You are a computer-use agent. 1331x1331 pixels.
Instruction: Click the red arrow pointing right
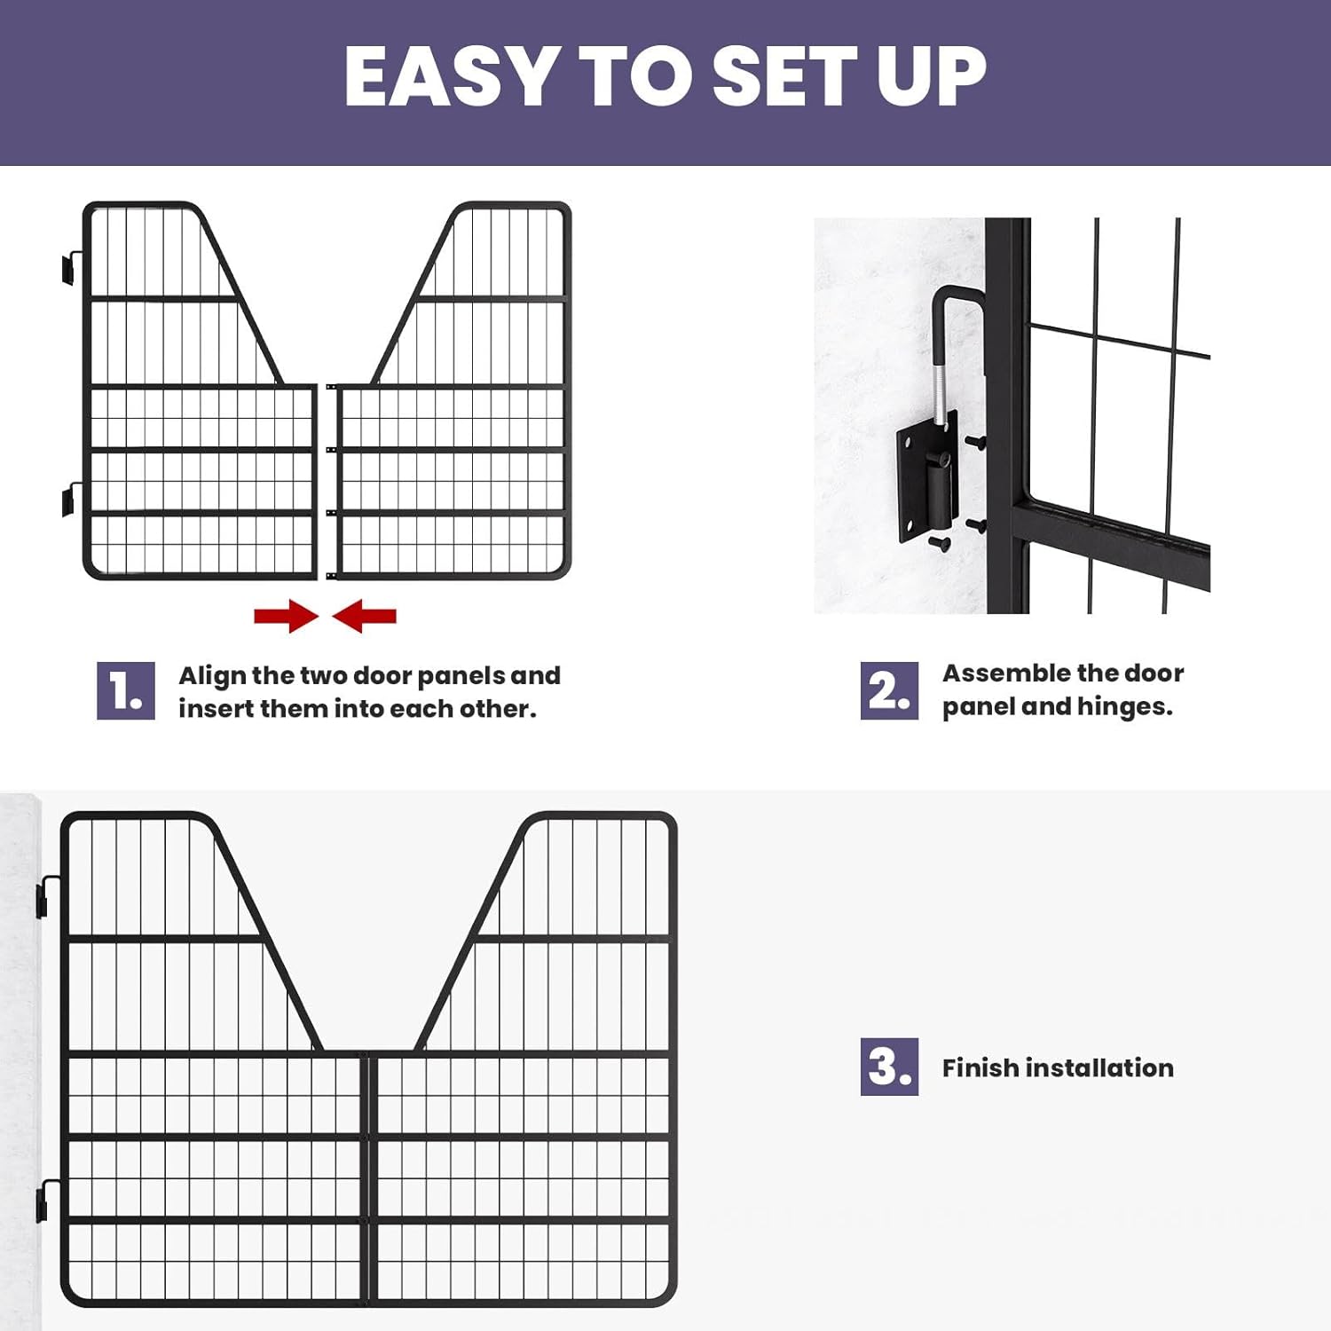coord(285,616)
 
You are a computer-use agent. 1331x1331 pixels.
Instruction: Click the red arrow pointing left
coord(365,616)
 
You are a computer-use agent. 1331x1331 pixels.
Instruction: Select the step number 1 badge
coord(125,690)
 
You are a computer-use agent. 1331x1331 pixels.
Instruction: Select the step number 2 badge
coord(888,690)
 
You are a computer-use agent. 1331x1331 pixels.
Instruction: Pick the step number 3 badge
coord(888,1066)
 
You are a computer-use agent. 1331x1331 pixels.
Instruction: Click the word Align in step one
coord(212,675)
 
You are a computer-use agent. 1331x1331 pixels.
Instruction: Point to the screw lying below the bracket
coord(939,542)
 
